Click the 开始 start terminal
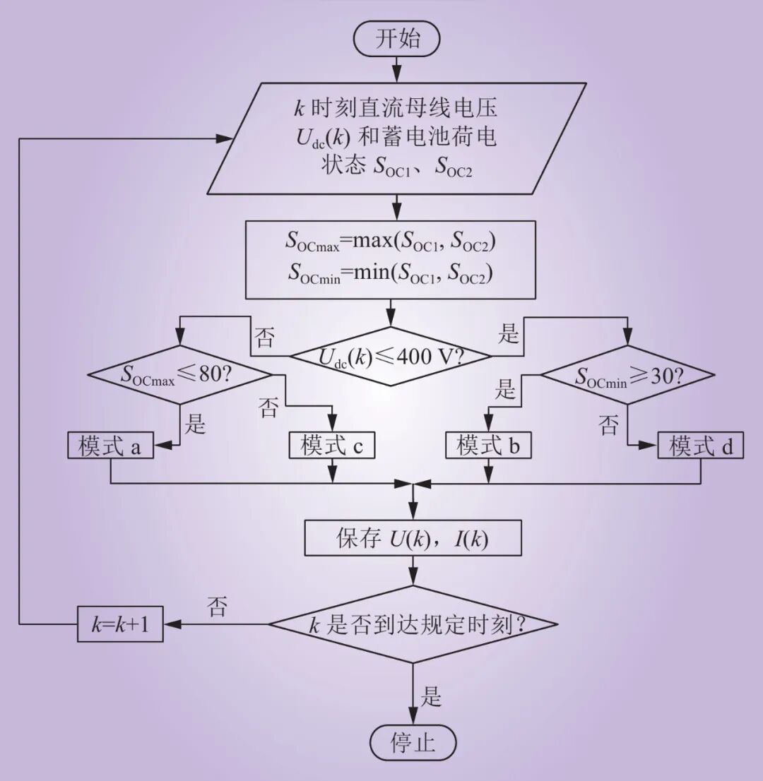397,38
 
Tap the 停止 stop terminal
413,743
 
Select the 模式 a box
111,446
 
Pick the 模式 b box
488,446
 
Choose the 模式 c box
332,446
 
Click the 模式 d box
701,446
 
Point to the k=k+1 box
120,624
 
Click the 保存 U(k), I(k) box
413,539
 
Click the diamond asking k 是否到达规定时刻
414,624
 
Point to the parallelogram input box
396,138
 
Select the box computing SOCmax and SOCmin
391,260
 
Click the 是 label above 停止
432,697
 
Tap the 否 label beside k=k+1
217,607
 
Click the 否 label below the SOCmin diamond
609,424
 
